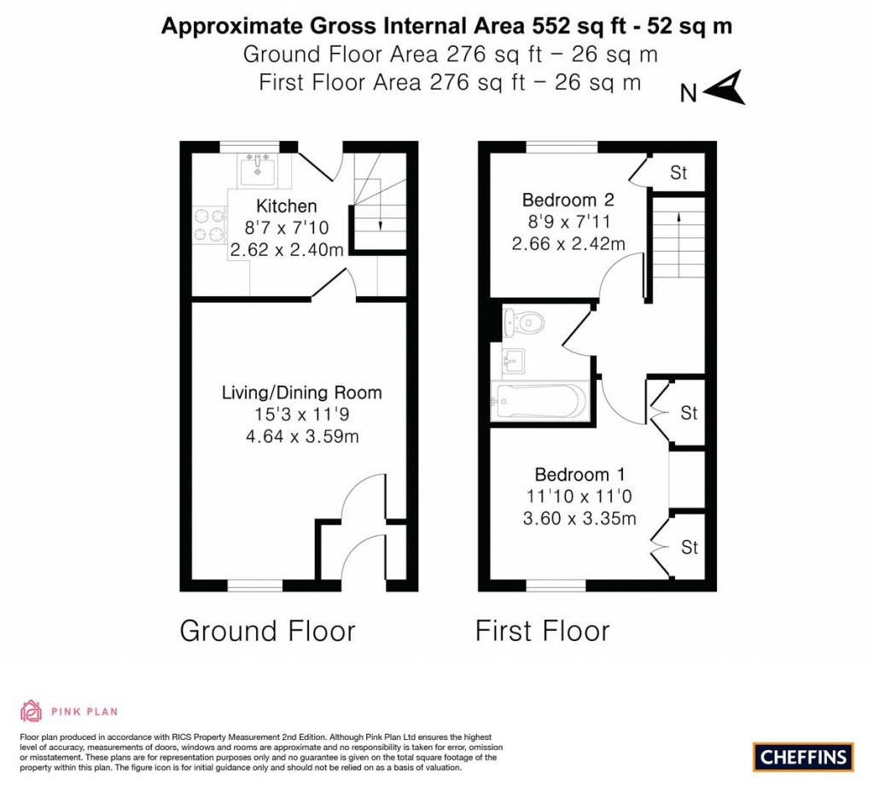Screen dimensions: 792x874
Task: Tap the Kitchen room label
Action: coord(287,206)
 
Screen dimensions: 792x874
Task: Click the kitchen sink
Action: coord(257,172)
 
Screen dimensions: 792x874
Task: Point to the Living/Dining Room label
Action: coord(301,393)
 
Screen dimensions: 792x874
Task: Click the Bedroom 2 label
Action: coord(568,201)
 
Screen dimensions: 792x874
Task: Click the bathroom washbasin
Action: coord(514,359)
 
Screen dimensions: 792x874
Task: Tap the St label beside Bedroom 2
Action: coord(678,174)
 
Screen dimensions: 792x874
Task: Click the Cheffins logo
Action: coord(802,756)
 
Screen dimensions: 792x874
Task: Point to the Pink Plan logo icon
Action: coord(31,711)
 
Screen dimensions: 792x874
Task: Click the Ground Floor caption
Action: coord(267,632)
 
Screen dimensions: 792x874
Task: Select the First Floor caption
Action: coord(542,632)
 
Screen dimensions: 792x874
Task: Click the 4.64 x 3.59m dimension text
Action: coord(301,437)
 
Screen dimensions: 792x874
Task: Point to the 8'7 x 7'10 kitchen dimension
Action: coord(287,229)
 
